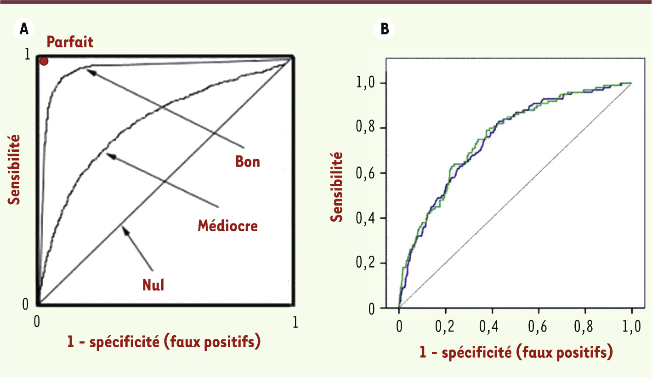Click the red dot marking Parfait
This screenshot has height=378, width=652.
click(44, 61)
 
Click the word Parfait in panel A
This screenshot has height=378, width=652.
click(70, 42)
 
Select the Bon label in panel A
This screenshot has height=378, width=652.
click(248, 161)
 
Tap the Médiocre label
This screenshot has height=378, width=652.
click(228, 225)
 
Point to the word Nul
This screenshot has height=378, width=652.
click(153, 286)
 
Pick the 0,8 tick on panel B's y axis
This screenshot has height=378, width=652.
click(365, 128)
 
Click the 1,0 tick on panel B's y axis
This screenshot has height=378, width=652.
click(365, 83)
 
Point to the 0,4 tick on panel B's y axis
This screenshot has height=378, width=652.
click(365, 218)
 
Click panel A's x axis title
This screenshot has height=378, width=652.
click(164, 342)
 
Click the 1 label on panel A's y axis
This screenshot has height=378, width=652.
click(27, 55)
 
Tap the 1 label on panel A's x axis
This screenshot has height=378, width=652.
click(295, 323)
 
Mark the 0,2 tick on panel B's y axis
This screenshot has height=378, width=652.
click(365, 263)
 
